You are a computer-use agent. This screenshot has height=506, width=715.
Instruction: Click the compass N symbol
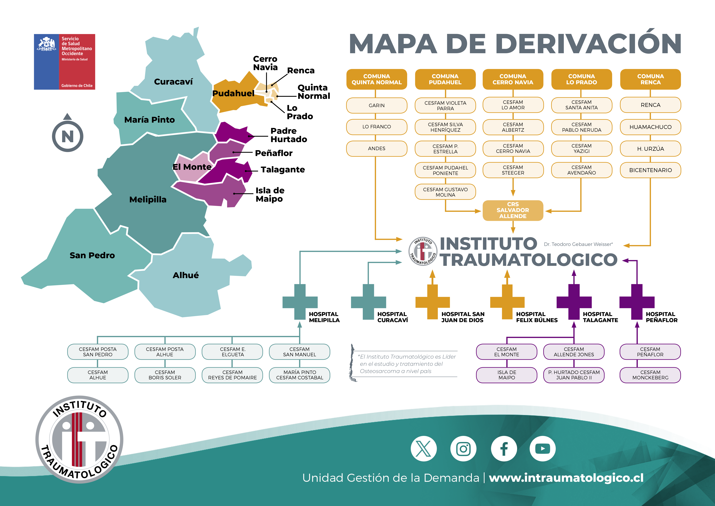(68, 136)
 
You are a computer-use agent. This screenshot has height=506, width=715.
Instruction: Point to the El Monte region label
(192, 167)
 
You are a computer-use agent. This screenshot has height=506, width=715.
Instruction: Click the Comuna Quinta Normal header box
(376, 79)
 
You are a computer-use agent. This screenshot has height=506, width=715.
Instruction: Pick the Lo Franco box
(376, 127)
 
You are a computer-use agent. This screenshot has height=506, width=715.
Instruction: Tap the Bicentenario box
(650, 170)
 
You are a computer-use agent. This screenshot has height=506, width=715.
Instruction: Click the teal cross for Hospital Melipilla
(300, 302)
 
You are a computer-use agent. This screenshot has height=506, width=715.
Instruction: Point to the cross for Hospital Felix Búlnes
(507, 302)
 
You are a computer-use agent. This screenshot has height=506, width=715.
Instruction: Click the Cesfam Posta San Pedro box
(98, 352)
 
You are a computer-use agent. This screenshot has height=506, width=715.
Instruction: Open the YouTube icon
(542, 449)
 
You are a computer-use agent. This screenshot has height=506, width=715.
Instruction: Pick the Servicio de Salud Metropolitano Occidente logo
(64, 62)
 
